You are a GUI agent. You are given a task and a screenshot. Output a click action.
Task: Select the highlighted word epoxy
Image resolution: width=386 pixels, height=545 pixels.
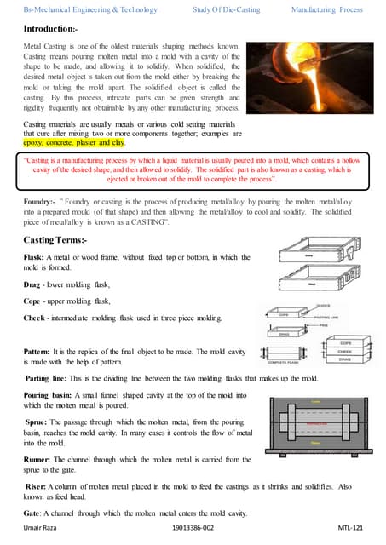[36, 144]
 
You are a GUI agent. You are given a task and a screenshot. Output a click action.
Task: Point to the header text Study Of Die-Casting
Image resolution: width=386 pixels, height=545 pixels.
[222, 9]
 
